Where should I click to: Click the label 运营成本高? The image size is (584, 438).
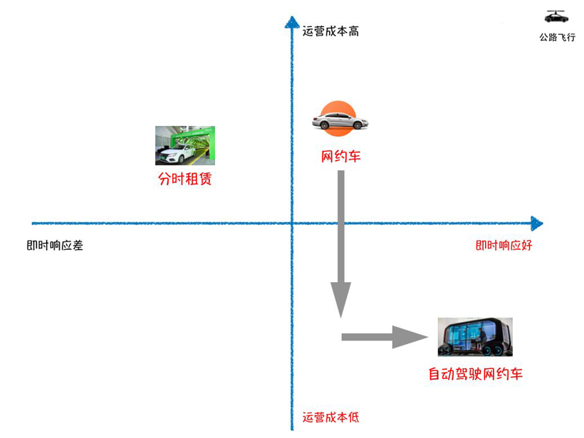click(x=330, y=31)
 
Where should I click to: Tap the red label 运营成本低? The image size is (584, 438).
click(x=330, y=417)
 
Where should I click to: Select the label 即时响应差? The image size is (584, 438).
click(x=55, y=246)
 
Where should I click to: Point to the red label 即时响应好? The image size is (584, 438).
click(x=504, y=246)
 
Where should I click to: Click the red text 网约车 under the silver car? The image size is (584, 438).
click(x=341, y=157)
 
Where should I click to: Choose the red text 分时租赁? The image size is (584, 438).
click(x=185, y=179)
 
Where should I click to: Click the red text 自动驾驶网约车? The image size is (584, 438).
click(x=476, y=374)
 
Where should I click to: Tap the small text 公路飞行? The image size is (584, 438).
click(x=557, y=37)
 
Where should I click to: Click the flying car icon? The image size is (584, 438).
click(x=556, y=16)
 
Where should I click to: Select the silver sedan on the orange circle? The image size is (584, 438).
click(x=340, y=120)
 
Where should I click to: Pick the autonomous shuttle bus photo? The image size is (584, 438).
click(x=475, y=337)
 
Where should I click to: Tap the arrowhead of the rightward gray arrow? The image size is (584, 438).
click(x=410, y=337)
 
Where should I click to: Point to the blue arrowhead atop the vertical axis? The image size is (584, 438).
click(x=292, y=22)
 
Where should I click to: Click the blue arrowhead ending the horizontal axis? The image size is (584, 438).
click(x=537, y=224)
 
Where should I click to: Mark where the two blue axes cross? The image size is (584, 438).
click(x=292, y=224)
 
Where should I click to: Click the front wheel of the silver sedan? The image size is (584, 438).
click(x=358, y=125)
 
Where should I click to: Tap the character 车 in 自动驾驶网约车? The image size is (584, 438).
click(x=516, y=374)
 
